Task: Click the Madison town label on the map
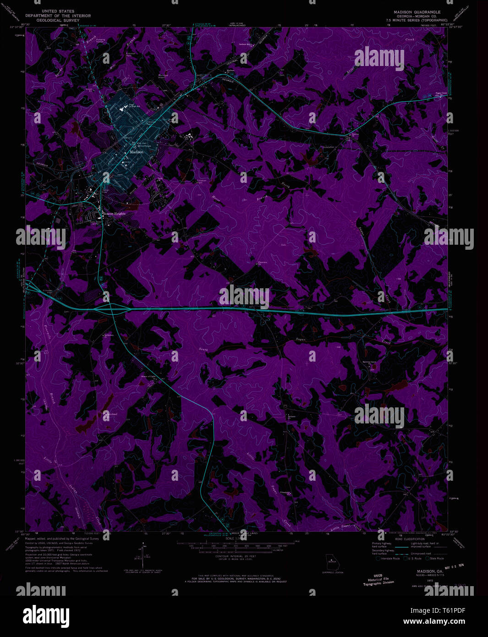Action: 137,152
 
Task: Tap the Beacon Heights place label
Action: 114,214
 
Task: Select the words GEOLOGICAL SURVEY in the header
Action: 58,21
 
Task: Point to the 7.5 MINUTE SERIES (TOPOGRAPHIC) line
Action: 417,21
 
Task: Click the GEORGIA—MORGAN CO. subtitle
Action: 417,16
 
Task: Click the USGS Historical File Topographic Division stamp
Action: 378,580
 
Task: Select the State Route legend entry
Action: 435,559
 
